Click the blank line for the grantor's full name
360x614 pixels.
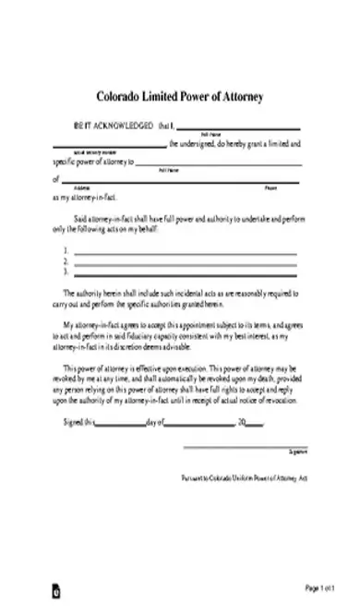click(x=238, y=129)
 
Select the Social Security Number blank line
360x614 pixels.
click(x=109, y=146)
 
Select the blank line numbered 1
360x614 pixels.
click(x=185, y=252)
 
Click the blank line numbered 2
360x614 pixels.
click(x=185, y=262)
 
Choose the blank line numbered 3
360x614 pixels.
click(x=185, y=272)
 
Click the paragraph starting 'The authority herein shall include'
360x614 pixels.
click(x=180, y=297)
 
